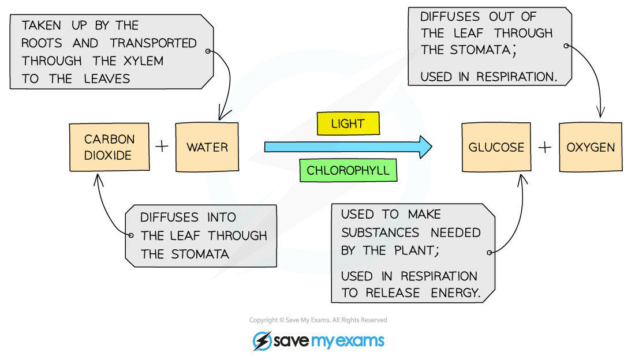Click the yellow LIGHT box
348,123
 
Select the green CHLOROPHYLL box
348,171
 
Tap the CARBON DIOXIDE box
109,147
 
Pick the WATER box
207,147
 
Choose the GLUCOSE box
496,147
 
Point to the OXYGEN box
591,147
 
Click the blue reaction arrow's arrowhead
426,147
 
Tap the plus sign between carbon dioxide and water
162,146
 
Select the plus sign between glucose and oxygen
545,147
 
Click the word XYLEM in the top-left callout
143,61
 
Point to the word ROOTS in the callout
42,43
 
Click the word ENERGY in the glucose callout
455,292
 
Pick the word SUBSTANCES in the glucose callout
380,233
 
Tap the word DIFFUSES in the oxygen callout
450,17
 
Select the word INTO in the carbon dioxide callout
222,217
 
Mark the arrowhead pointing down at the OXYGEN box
600,112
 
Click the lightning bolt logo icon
263,341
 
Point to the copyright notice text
318,320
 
